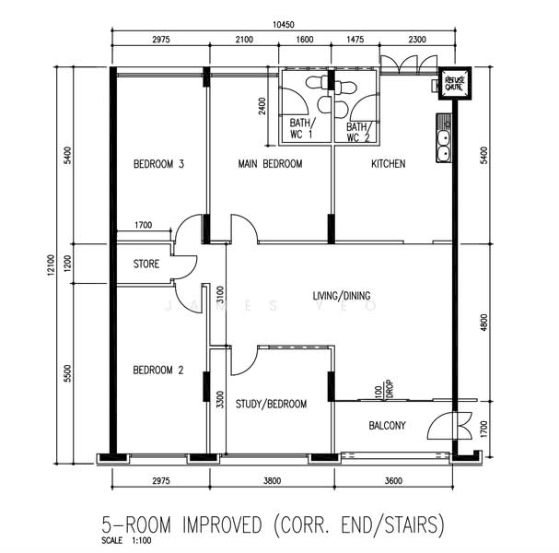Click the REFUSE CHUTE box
[x=455, y=84]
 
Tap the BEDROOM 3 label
[x=158, y=164]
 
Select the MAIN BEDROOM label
[x=270, y=164]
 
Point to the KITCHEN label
[x=389, y=164]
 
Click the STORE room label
[x=146, y=264]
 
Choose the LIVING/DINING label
[x=342, y=296]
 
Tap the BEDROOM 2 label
[x=158, y=370]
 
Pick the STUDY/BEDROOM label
[x=271, y=404]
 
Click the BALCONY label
[x=387, y=425]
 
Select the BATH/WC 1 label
[x=302, y=128]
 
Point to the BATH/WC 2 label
[x=358, y=132]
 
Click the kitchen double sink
[x=444, y=137]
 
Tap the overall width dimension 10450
[x=284, y=25]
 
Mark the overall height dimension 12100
[x=52, y=265]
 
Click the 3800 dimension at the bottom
[x=273, y=481]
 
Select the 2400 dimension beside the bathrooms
[x=262, y=106]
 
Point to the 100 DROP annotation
[x=384, y=390]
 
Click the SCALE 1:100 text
[x=126, y=540]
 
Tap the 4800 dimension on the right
[x=483, y=323]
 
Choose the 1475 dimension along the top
[x=355, y=40]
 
